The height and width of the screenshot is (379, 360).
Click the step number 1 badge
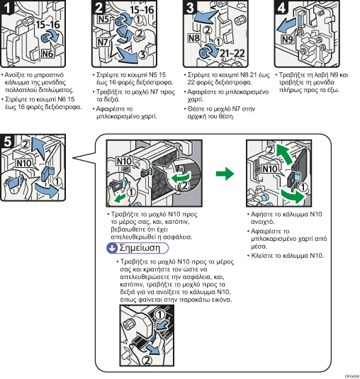coord(6,7)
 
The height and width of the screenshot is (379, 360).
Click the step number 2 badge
coord(99,7)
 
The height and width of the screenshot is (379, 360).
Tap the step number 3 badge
coord(189,7)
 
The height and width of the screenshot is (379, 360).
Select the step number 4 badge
coord(281,7)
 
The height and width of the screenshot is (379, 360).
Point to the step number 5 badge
coord(7,142)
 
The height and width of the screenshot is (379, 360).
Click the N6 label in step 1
coord(47,53)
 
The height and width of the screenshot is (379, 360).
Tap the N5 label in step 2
coord(103,19)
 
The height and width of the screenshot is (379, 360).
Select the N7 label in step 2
coord(103,43)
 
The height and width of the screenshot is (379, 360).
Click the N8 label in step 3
coord(194,38)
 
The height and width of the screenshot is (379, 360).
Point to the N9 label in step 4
coord(288,39)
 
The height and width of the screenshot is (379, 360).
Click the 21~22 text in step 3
coord(232,53)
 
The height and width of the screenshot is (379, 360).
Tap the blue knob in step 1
coord(45,38)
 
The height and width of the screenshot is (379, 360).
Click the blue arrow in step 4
coord(286,26)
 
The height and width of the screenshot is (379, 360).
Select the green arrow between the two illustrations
coord(225,174)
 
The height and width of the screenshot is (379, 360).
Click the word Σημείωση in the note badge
coord(140,248)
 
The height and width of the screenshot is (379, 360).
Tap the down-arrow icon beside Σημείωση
coord(112,248)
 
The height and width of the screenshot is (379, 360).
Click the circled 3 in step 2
coord(143,55)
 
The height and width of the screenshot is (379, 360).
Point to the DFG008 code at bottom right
coord(352,376)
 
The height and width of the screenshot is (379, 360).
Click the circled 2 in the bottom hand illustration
coord(147,361)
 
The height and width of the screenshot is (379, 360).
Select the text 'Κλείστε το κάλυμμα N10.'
coord(287,256)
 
